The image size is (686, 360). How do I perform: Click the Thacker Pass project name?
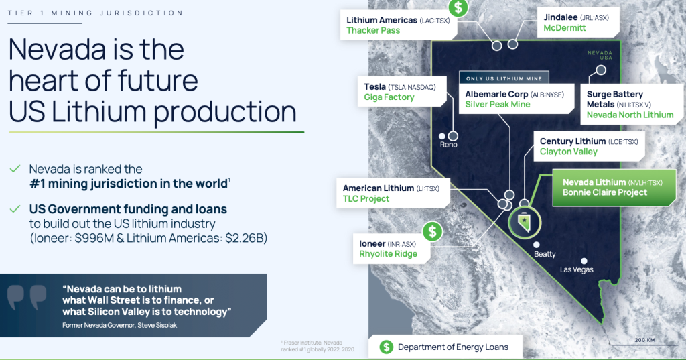[x=373, y=31]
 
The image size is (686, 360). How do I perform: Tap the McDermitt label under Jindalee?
[x=564, y=28]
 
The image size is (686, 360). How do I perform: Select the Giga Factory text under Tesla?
[x=389, y=97]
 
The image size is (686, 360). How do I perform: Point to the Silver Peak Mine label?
[x=498, y=104]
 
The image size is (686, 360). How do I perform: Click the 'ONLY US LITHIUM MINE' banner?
[x=504, y=78]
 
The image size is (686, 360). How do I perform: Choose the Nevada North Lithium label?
[x=630, y=115]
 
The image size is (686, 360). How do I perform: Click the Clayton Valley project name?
[x=568, y=152]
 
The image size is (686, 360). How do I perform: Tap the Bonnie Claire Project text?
[x=605, y=192]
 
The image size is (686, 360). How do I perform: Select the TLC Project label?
[x=366, y=199]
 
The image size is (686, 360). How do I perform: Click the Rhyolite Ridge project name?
[x=388, y=254]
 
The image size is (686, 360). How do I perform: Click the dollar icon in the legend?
[x=386, y=347]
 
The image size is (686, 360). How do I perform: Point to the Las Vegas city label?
[x=577, y=269]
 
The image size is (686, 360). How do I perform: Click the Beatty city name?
[x=545, y=254]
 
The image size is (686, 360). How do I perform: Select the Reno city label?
[x=448, y=145]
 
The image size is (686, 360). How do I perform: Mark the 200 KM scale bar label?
[x=645, y=340]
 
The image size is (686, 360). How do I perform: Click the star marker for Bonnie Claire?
[x=524, y=220]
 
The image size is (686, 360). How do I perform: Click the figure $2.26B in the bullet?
[x=246, y=238]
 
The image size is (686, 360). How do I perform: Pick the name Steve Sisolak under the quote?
[x=157, y=325]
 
